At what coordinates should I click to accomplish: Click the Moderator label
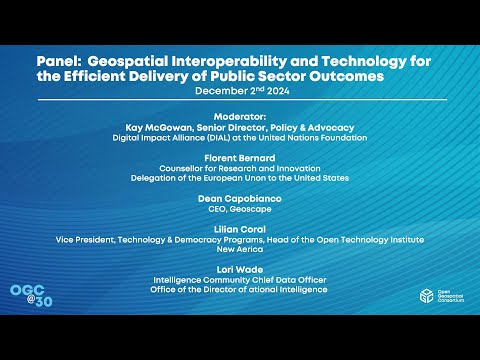[x=240, y=116]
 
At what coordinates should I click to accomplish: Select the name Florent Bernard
[x=240, y=157]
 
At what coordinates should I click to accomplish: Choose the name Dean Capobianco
[x=240, y=198]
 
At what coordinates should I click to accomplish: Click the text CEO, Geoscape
[x=240, y=209]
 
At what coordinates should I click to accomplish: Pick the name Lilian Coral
[x=240, y=229]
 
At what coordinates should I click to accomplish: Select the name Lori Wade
[x=240, y=269]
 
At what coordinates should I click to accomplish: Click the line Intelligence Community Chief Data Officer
[x=240, y=280]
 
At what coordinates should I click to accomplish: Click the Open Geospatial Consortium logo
[x=436, y=298]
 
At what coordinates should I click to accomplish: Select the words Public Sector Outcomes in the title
[x=314, y=76]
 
